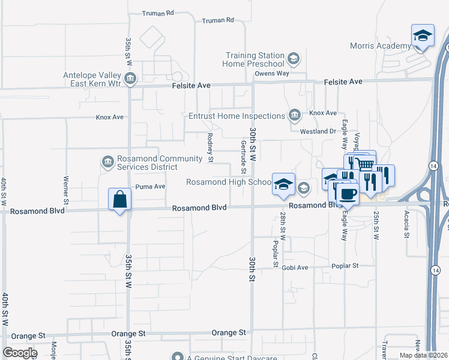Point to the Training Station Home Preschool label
tap(253, 59)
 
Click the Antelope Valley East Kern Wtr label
tap(92, 79)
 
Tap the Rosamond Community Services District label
tap(159, 163)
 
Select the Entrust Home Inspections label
tap(236, 116)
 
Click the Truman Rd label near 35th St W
tap(158, 13)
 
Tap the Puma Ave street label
tap(150, 187)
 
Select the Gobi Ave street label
tap(295, 267)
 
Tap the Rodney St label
tap(210, 148)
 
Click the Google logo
tap(20, 353)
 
